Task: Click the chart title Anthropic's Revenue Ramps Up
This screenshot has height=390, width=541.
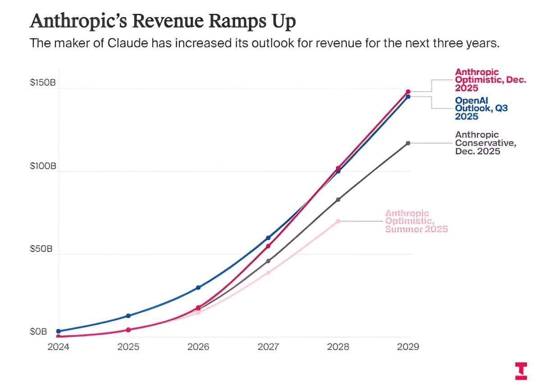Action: tap(162, 21)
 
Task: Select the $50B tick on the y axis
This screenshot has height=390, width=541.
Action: tap(41, 249)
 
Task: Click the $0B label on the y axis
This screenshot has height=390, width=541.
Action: tap(38, 332)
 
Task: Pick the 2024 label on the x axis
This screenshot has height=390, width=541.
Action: tap(59, 347)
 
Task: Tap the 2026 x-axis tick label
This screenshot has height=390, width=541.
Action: tap(198, 347)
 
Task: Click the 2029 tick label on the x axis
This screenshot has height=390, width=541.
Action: tap(408, 347)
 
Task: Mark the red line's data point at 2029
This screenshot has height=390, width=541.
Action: tap(408, 91)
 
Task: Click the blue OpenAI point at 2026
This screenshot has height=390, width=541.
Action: tap(198, 287)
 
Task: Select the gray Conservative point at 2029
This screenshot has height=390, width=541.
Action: tap(408, 143)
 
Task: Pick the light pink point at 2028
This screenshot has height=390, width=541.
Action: tap(338, 221)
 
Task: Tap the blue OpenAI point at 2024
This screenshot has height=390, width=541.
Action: tap(59, 331)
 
